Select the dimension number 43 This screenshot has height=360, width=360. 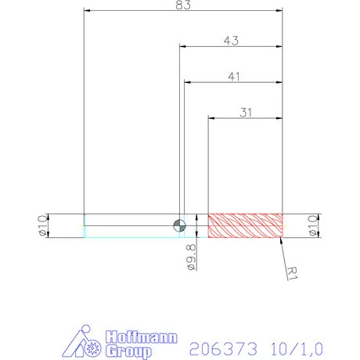coord(232,40)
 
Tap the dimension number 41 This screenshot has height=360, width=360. coord(233,76)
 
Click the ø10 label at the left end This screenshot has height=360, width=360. coord(43,225)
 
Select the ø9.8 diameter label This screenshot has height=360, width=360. coord(191,256)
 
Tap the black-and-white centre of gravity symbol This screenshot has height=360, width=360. coord(180,225)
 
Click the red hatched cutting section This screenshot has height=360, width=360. coord(245,225)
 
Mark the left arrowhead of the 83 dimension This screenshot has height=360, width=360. coord(88,10)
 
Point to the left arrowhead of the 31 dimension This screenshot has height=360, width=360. coord(211,118)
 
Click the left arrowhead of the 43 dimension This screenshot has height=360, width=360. coord(184,46)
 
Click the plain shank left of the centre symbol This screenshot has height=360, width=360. coord(129,225)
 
